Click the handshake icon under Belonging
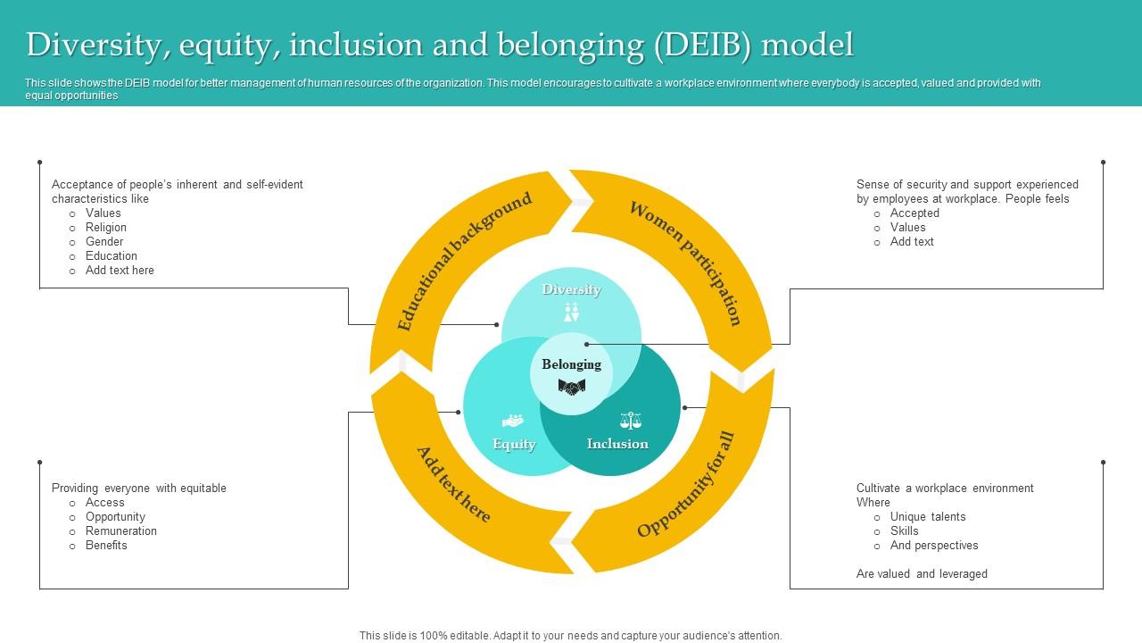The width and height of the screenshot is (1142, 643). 571,387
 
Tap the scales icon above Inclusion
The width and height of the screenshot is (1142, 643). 630,420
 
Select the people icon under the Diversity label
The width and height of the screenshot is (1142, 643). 571,312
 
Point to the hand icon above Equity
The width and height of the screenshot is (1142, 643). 513,420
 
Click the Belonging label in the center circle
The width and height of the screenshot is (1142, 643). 571,364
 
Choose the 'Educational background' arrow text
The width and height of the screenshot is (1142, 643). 464,261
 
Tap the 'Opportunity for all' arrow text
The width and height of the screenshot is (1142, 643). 686,485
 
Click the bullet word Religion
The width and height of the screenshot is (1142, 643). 106,228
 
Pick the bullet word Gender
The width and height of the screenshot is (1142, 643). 104,242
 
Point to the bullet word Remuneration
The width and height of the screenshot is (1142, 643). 121,531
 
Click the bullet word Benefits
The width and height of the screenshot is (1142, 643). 106,546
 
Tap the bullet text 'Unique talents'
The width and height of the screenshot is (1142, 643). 928,517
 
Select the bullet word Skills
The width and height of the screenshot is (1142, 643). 904,531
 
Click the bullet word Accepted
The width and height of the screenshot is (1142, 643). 914,213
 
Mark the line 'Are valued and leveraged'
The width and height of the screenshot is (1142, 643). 922,574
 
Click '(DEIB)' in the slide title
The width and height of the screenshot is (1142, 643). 703,44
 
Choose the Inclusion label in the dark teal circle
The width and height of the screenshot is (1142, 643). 617,444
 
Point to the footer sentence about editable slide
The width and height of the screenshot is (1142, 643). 571,636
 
